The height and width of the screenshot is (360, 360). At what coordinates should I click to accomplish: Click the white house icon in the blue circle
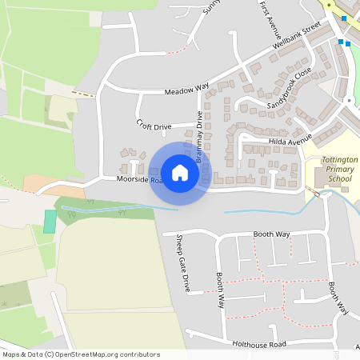click(x=180, y=173)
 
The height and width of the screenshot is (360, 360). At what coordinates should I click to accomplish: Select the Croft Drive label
click(x=154, y=126)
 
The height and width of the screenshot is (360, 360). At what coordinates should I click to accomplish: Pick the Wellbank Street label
click(x=296, y=37)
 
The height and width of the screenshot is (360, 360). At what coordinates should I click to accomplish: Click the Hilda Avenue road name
click(x=290, y=141)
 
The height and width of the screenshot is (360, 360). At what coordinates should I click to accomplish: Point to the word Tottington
click(x=339, y=160)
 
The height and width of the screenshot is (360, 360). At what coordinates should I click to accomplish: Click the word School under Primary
click(x=339, y=179)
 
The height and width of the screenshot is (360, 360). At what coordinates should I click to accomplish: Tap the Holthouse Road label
click(x=259, y=345)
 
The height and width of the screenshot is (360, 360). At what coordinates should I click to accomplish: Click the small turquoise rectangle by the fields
click(x=50, y=221)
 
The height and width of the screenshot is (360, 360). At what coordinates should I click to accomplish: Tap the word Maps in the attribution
click(x=11, y=354)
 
